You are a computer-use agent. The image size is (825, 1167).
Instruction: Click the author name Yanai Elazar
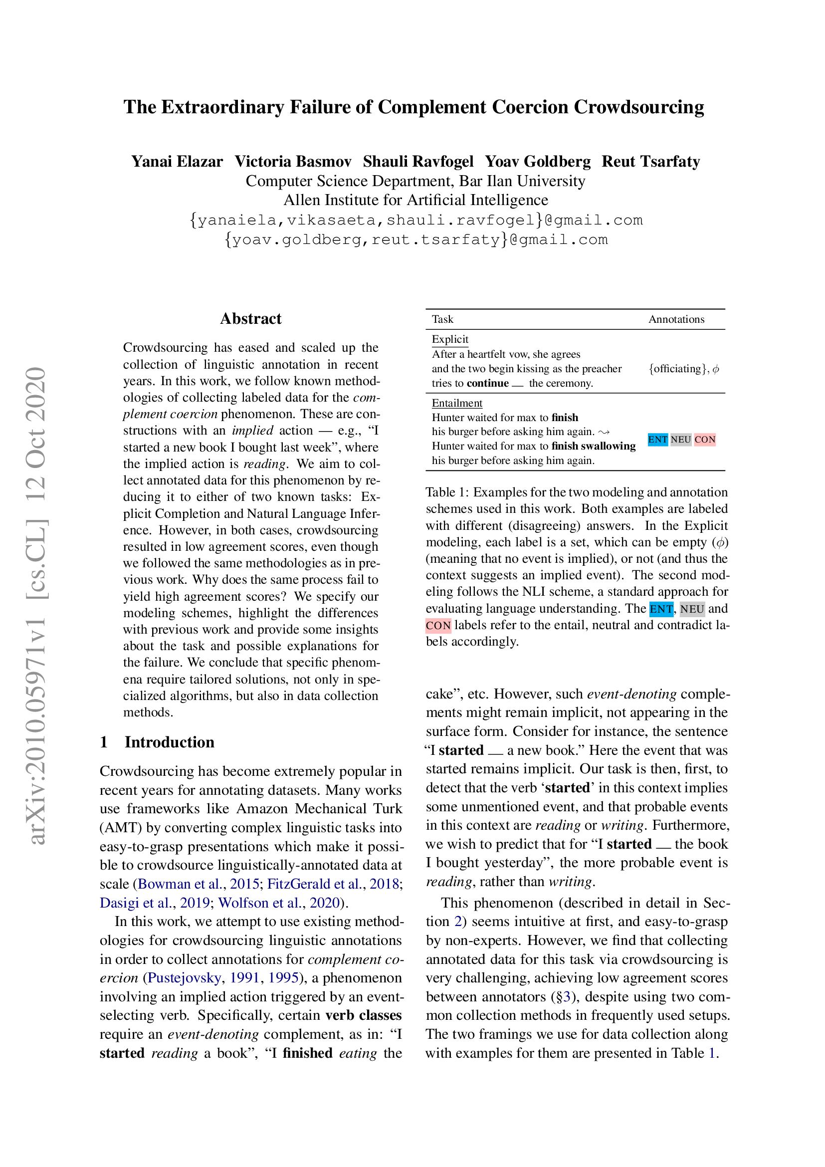tap(177, 162)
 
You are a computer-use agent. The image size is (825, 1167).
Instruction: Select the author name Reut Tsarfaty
tap(651, 162)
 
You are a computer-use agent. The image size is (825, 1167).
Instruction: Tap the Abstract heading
tap(250, 319)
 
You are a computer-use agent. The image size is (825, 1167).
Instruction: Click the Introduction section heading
tap(169, 742)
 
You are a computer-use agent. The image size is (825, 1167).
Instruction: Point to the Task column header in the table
tap(442, 319)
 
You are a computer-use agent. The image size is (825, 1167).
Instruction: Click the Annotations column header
tap(676, 319)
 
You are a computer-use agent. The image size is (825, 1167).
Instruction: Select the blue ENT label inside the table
tap(657, 440)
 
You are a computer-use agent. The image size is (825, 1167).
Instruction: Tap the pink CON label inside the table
tap(705, 440)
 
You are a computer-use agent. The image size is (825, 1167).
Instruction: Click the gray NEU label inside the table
tap(681, 440)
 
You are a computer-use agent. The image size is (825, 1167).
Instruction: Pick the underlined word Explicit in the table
tap(449, 339)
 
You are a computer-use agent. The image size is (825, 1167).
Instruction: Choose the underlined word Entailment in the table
tap(457, 403)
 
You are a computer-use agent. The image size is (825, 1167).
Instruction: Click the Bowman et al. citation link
tap(181, 884)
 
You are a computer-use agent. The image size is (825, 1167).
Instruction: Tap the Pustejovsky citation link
tap(185, 978)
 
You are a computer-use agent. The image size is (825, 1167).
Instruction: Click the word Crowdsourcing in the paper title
tap(638, 107)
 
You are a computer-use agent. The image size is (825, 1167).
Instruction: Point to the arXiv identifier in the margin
tap(36, 605)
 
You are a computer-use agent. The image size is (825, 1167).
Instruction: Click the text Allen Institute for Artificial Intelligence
tap(415, 200)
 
